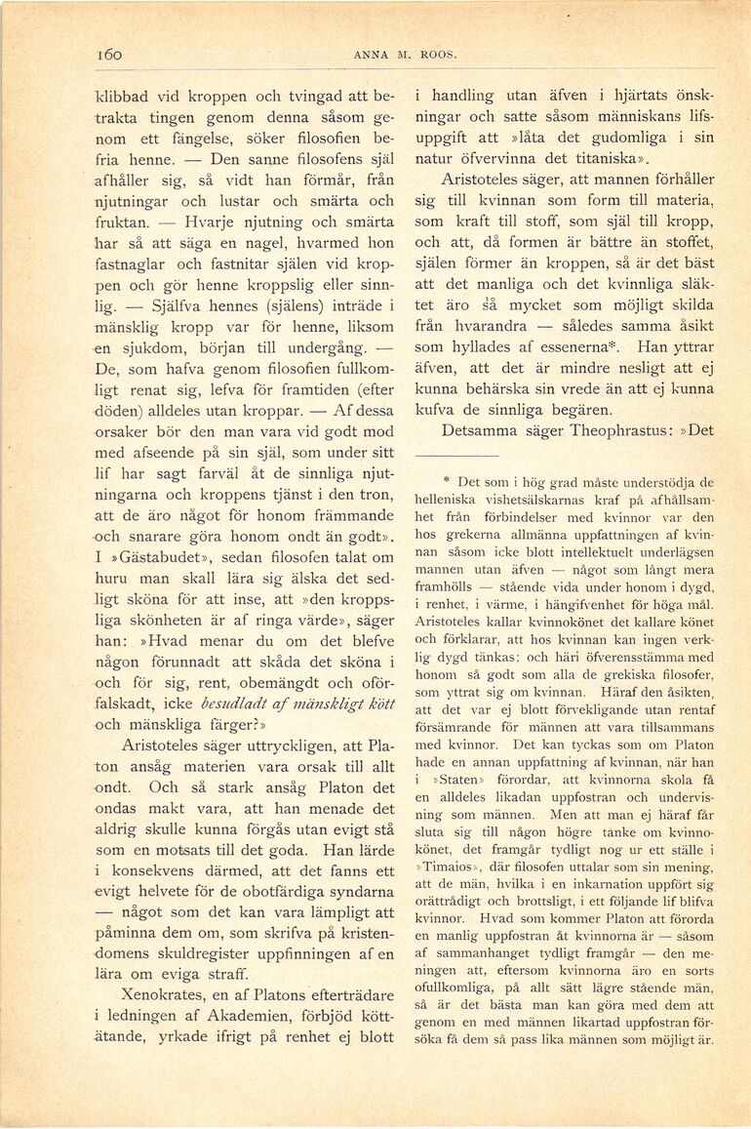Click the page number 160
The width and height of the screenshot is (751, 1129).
109,56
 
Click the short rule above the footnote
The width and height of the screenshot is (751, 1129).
456,455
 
